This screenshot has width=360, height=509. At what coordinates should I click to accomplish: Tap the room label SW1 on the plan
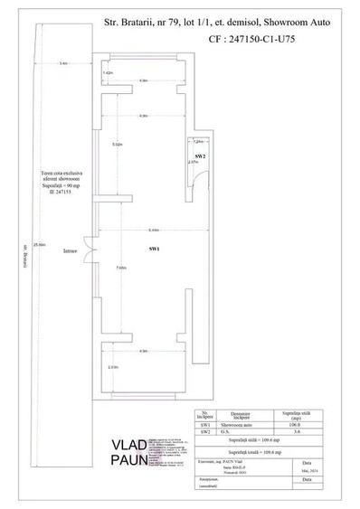(x=154, y=249)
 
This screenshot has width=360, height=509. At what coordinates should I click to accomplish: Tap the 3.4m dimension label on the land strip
(x=62, y=63)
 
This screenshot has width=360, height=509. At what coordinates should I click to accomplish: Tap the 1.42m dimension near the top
(x=108, y=72)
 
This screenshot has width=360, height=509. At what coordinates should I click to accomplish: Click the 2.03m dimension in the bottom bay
(x=113, y=367)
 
